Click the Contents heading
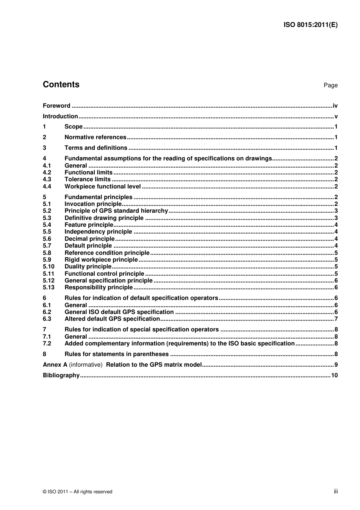point(61,85)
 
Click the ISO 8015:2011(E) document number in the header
point(310,25)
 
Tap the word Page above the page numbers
point(330,85)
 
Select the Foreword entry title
point(56,106)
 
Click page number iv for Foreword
point(335,106)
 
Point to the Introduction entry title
point(60,116)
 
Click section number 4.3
point(47,179)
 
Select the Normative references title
point(95,137)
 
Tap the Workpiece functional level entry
point(102,187)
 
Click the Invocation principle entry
point(93,204)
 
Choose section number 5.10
point(49,267)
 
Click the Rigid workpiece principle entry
point(101,260)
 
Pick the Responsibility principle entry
point(99,287)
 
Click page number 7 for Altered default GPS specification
point(336,319)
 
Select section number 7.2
point(47,344)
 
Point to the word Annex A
point(55,365)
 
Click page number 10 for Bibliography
point(334,375)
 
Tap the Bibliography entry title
point(61,375)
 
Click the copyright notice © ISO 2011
point(78,492)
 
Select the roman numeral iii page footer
point(336,491)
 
